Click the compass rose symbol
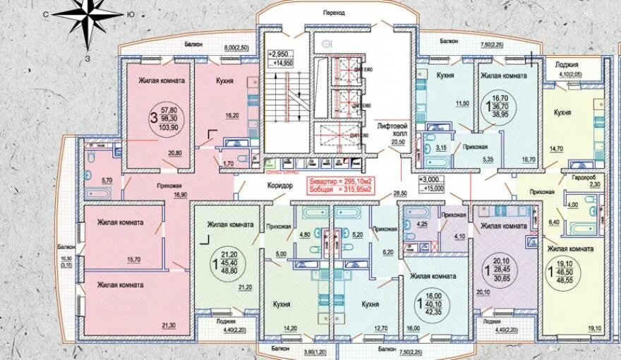pos(88,19)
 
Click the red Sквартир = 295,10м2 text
pos(340,181)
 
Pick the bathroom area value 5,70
pos(107,180)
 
